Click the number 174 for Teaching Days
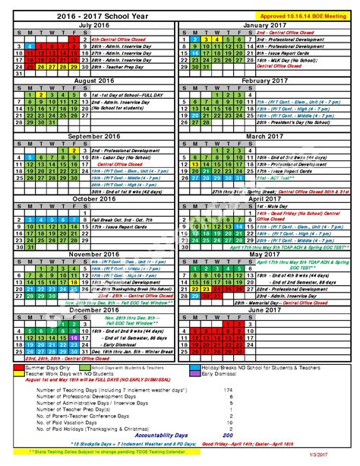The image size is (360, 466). [x=226, y=389]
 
